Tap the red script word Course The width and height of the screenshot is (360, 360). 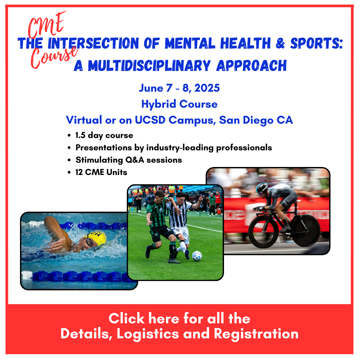point(54,57)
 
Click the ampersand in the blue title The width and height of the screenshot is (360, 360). point(280,43)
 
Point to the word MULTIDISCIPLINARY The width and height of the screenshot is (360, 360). point(149,66)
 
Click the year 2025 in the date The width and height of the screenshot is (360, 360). point(207,88)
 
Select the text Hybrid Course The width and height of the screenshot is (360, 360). point(179,104)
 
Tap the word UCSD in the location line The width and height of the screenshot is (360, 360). point(150,120)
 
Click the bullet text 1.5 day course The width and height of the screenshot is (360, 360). point(104,135)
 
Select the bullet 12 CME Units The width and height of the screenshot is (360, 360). point(101,172)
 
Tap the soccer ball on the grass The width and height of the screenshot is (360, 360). point(197,256)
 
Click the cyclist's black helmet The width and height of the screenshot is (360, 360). point(262,188)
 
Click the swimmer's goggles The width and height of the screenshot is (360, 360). point(90,242)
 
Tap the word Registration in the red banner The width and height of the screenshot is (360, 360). point(256,334)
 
